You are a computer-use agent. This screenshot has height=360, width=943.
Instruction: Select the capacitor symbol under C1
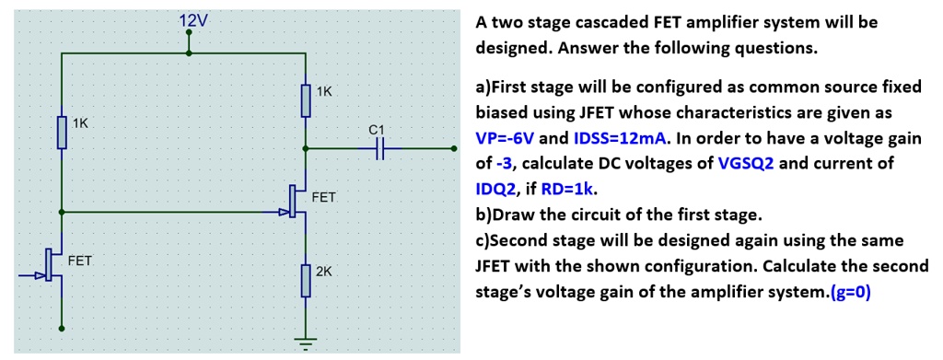(x=380, y=147)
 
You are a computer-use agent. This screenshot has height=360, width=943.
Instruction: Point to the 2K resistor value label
(x=324, y=272)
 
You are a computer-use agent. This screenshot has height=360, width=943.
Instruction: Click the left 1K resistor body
(x=62, y=132)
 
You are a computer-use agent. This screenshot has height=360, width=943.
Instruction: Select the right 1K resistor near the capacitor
(x=306, y=100)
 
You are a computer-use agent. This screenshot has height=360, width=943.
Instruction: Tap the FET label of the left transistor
(x=80, y=261)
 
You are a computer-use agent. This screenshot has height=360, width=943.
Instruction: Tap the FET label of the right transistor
(x=324, y=197)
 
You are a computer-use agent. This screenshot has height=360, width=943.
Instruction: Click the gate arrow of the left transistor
(x=41, y=274)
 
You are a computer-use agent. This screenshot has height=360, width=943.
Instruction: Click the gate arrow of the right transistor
(x=284, y=212)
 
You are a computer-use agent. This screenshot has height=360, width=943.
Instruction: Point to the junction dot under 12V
(x=189, y=53)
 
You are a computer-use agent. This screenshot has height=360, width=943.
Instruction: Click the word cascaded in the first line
(x=586, y=21)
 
